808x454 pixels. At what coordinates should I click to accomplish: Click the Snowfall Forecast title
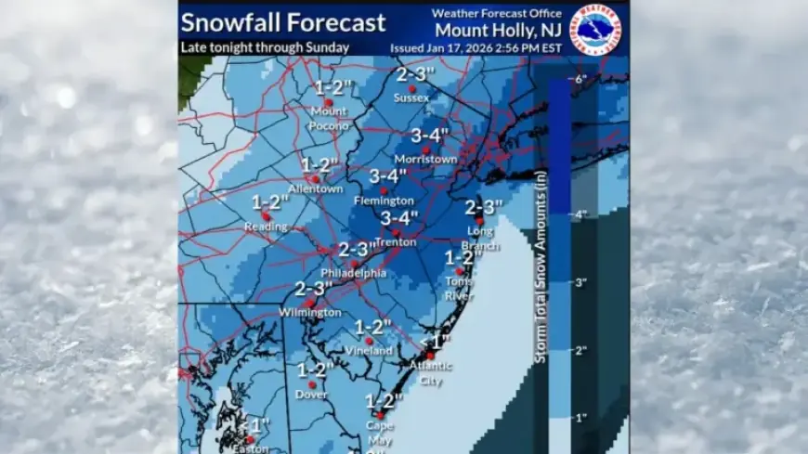point(283,22)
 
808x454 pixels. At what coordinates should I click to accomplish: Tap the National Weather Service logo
point(599,30)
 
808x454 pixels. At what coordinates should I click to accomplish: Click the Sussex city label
point(411,97)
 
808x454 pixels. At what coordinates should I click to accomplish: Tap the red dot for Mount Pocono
point(328,102)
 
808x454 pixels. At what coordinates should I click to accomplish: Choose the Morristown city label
point(425,159)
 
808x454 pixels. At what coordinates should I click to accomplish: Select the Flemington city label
point(384,201)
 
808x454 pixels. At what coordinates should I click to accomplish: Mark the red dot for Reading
point(266,215)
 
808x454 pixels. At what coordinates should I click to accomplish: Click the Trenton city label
point(397,242)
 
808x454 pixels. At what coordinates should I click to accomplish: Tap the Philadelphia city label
point(353,273)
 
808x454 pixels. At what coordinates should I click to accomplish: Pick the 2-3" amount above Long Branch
point(483,206)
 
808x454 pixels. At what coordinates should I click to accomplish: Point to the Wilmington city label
point(310,313)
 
